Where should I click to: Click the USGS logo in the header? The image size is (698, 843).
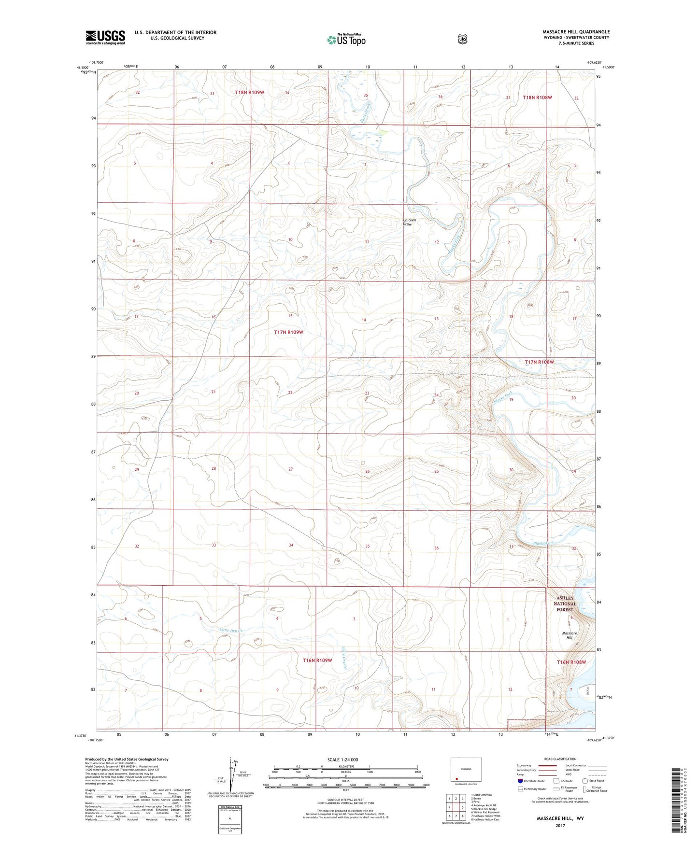(x=105, y=37)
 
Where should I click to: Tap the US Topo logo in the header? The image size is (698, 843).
(x=346, y=40)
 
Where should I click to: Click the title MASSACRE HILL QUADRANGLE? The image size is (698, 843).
(x=576, y=31)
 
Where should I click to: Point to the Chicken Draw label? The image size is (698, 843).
(x=410, y=222)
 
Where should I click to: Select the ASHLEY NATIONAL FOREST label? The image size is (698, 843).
(x=565, y=604)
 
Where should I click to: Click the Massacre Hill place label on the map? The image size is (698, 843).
(x=570, y=635)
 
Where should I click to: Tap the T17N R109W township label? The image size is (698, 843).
(x=288, y=332)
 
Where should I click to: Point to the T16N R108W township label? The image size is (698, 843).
(x=571, y=662)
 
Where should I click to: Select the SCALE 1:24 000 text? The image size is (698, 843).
(x=342, y=759)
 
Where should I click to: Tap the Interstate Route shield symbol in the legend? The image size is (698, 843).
(x=520, y=781)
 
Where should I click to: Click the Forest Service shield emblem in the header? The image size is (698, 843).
(x=463, y=39)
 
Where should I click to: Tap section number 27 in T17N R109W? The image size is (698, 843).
(x=290, y=469)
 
